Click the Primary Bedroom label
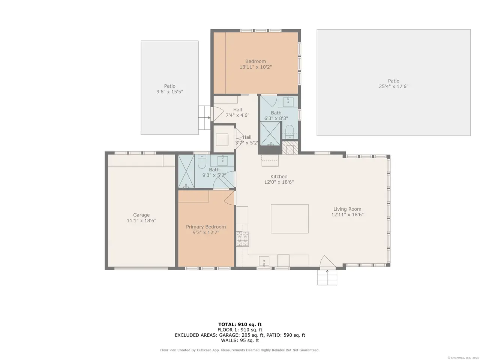pyautogui.click(x=206, y=226)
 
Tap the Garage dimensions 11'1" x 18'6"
pyautogui.click(x=141, y=220)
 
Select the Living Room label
pyautogui.click(x=347, y=209)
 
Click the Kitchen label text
pyautogui.click(x=279, y=176)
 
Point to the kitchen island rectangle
pyautogui.click(x=289, y=219)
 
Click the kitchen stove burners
pyautogui.click(x=243, y=238)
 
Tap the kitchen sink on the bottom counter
pyautogui.click(x=264, y=261)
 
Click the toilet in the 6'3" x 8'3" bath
pyautogui.click(x=290, y=131)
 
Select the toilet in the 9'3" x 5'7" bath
pyautogui.click(x=202, y=162)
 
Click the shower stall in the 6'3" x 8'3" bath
pyautogui.click(x=270, y=133)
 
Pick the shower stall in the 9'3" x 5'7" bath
pyautogui.click(x=186, y=171)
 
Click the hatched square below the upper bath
pyautogui.click(x=290, y=148)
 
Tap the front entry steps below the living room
pyautogui.click(x=327, y=277)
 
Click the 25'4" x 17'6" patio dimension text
pyautogui.click(x=393, y=86)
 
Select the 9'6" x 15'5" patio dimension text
pyautogui.click(x=170, y=91)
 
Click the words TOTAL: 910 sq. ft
pyautogui.click(x=240, y=324)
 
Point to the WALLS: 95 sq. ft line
pyautogui.click(x=240, y=340)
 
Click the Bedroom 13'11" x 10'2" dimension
pyautogui.click(x=256, y=67)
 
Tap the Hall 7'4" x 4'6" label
pyautogui.click(x=237, y=112)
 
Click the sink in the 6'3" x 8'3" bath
pyautogui.click(x=288, y=102)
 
